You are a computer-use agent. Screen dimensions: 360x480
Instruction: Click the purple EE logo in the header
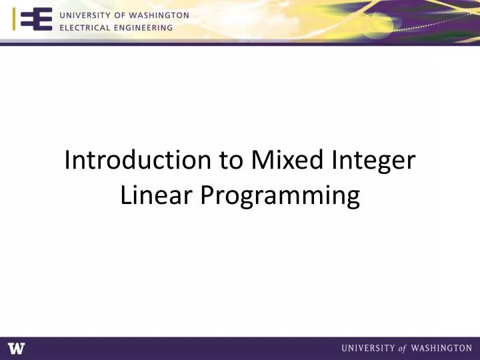coord(36,21)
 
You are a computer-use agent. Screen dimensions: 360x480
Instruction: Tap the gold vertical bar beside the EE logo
coord(15,21)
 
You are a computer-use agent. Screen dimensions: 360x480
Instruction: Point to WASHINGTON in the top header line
coord(160,15)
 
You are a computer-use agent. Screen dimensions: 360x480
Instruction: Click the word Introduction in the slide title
coord(137,161)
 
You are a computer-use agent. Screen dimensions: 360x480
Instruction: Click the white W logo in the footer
coord(16,348)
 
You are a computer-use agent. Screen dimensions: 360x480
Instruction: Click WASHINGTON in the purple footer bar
coord(443,348)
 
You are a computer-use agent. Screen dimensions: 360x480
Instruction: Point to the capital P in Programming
coord(207,195)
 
